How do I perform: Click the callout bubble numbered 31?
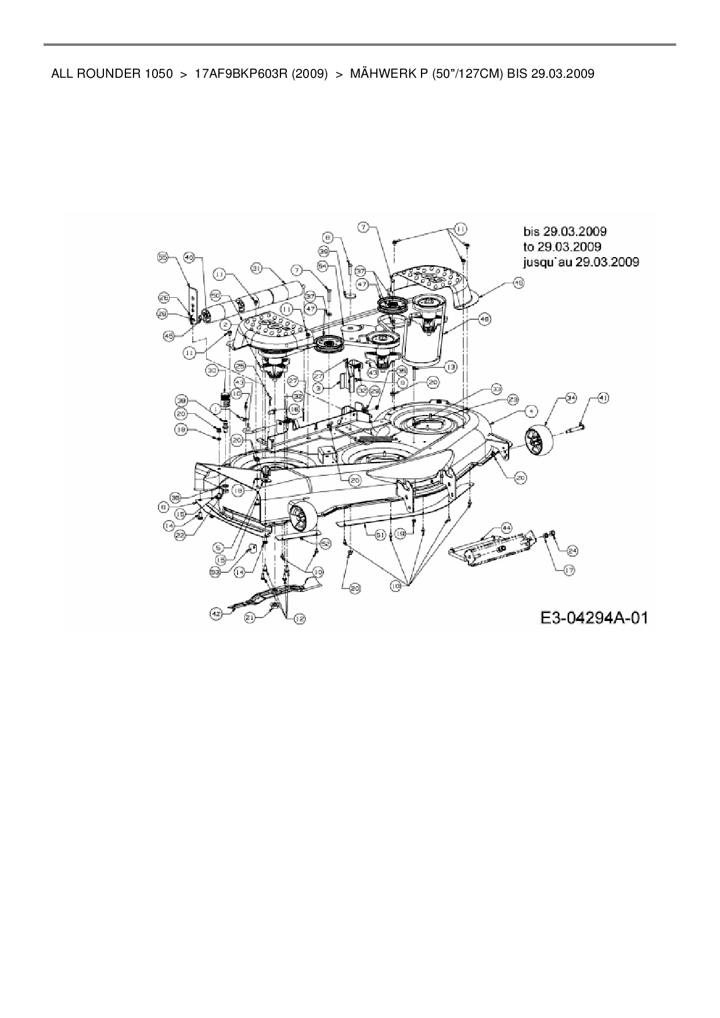pyautogui.click(x=256, y=268)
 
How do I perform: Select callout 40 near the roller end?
pyautogui.click(x=189, y=257)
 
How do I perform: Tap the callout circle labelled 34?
pyautogui.click(x=571, y=398)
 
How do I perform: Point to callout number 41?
pyautogui.click(x=603, y=398)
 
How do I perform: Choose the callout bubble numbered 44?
pyautogui.click(x=506, y=528)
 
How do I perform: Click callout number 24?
pyautogui.click(x=572, y=550)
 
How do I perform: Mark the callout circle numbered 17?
pyautogui.click(x=568, y=571)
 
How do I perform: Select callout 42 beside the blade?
pyautogui.click(x=216, y=612)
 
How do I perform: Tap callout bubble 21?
pyautogui.click(x=250, y=619)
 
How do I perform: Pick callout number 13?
pyautogui.click(x=451, y=367)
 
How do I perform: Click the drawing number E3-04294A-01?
pyautogui.click(x=593, y=618)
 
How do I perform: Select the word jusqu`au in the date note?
pyautogui.click(x=546, y=262)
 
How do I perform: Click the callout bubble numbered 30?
pyautogui.click(x=211, y=370)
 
